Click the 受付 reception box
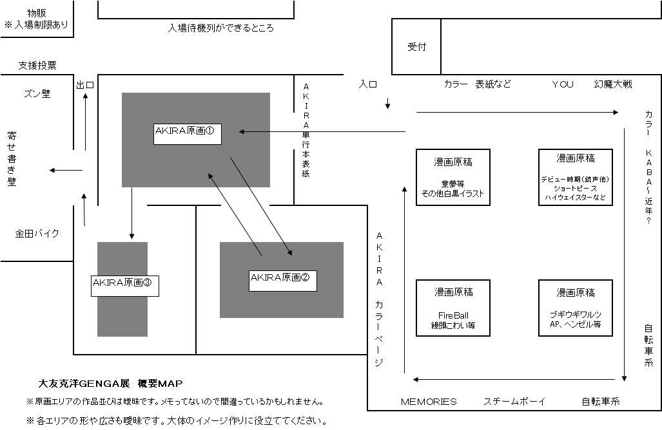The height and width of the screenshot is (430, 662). click(x=416, y=47)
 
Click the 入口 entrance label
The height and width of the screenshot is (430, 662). click(x=368, y=84)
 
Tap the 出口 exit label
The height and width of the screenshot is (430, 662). click(x=85, y=85)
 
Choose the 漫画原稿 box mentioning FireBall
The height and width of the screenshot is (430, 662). click(x=453, y=308)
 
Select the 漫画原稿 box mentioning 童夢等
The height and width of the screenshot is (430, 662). click(x=453, y=178)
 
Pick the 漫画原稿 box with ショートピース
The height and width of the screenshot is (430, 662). click(x=575, y=178)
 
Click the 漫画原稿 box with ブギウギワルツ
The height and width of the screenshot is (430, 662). click(x=575, y=308)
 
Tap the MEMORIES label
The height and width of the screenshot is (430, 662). click(x=429, y=402)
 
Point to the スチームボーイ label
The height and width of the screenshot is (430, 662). click(x=514, y=402)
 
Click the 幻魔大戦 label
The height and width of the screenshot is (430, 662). click(x=613, y=84)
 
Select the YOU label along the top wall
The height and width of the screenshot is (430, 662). click(x=562, y=84)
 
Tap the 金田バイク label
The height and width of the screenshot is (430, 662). click(x=37, y=234)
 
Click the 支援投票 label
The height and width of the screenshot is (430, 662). click(x=37, y=66)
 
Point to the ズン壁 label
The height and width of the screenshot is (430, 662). click(x=37, y=94)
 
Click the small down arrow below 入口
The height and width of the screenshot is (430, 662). click(x=388, y=104)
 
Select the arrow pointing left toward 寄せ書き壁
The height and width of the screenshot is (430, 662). click(x=66, y=171)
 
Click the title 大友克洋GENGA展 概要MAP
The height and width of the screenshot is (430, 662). click(x=111, y=384)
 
